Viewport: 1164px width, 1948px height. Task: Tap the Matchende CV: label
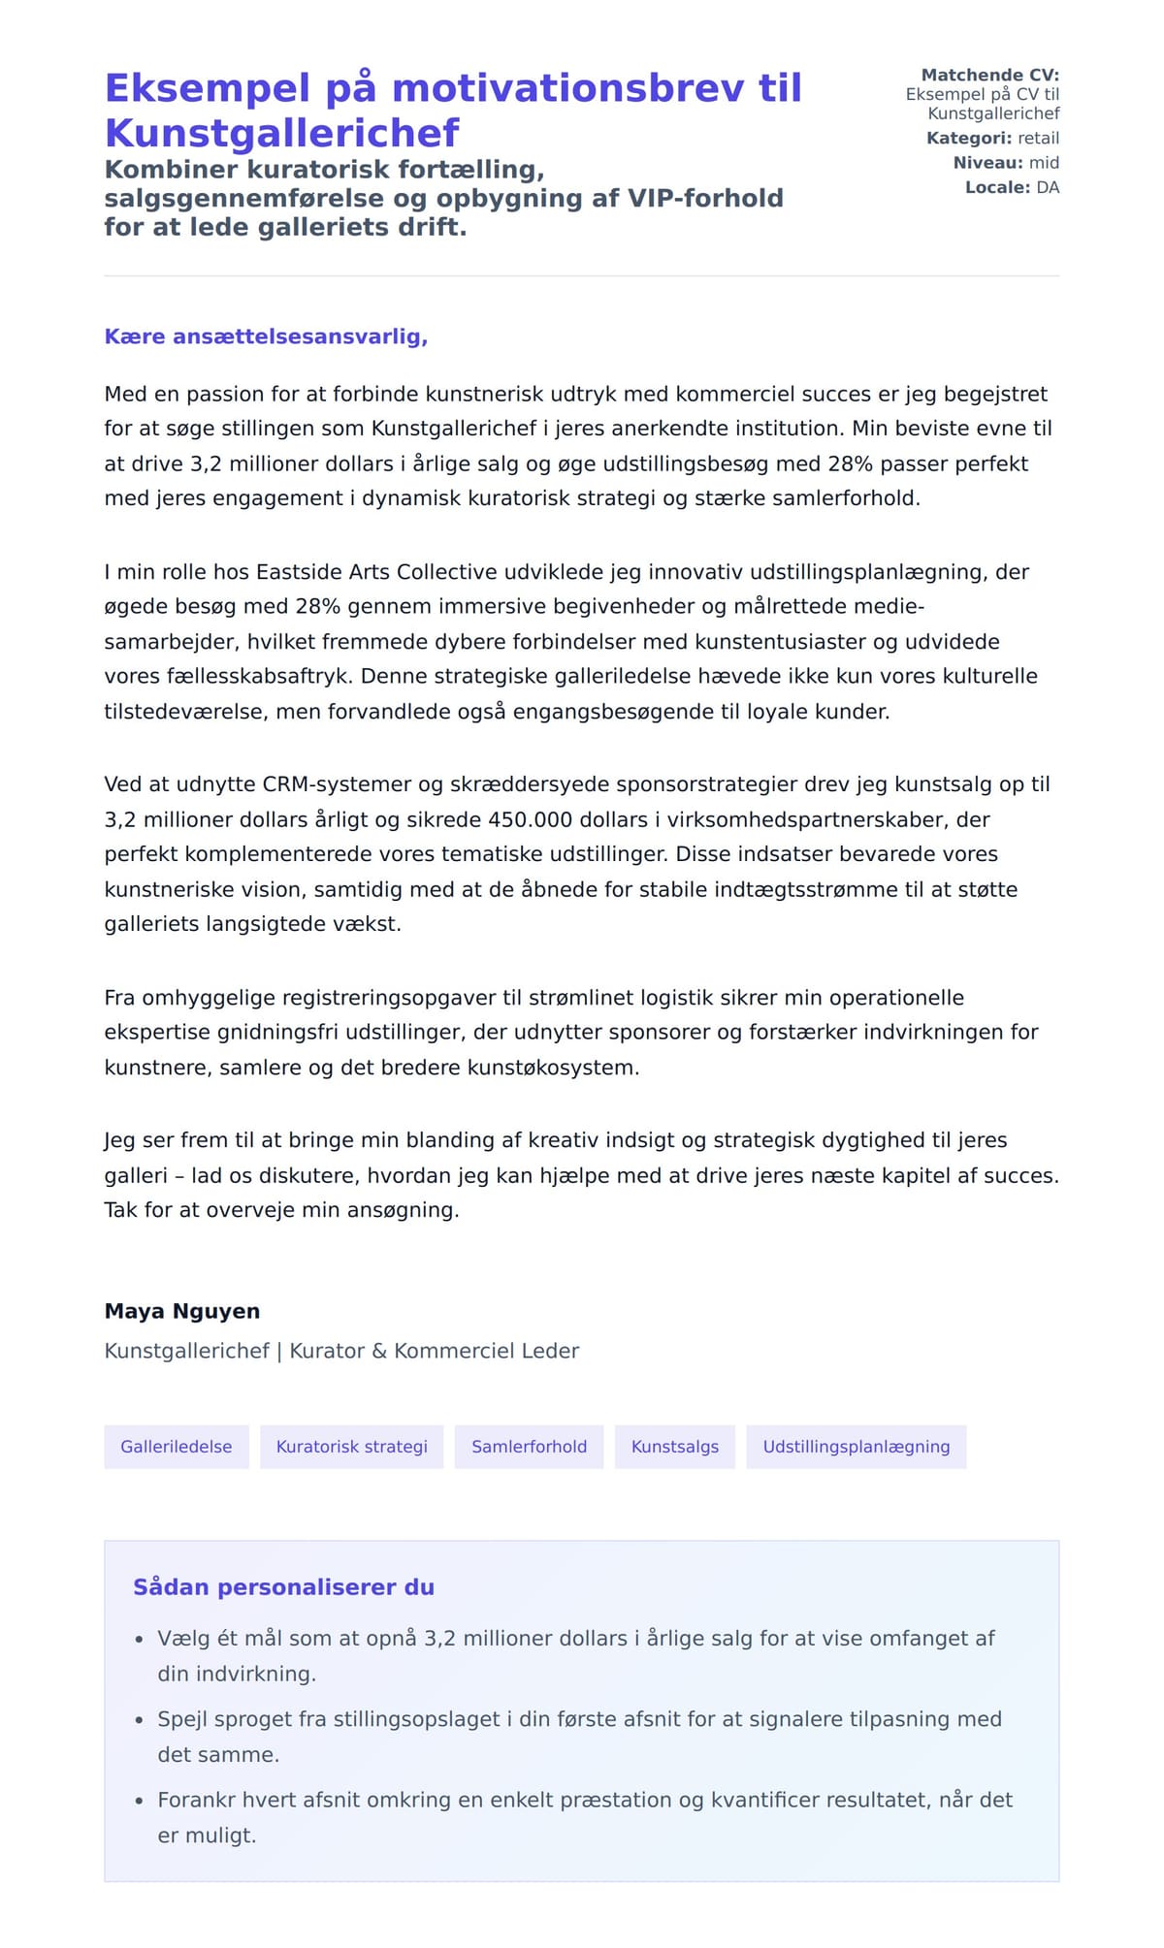pyautogui.click(x=989, y=75)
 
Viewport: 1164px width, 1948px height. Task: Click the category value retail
pyautogui.click(x=1038, y=138)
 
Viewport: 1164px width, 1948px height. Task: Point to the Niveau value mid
pyautogui.click(x=1044, y=162)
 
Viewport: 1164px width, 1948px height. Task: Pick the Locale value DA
pyautogui.click(x=1048, y=187)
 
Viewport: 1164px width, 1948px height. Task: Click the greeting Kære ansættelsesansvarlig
pyautogui.click(x=266, y=336)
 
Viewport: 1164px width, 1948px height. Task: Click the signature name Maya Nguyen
pyautogui.click(x=182, y=1311)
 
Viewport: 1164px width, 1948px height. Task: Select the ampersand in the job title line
pyautogui.click(x=379, y=1351)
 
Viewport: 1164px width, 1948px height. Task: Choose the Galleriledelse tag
pyautogui.click(x=177, y=1447)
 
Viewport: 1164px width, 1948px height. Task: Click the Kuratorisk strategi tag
pyautogui.click(x=351, y=1447)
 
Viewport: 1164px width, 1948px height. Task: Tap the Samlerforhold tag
pyautogui.click(x=529, y=1447)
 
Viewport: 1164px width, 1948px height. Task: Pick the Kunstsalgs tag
pyautogui.click(x=674, y=1447)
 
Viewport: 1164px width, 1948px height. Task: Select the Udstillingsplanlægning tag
pyautogui.click(x=856, y=1447)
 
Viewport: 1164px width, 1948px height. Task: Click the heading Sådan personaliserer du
pyautogui.click(x=283, y=1587)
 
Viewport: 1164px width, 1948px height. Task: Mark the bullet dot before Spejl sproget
pyautogui.click(x=139, y=1720)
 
